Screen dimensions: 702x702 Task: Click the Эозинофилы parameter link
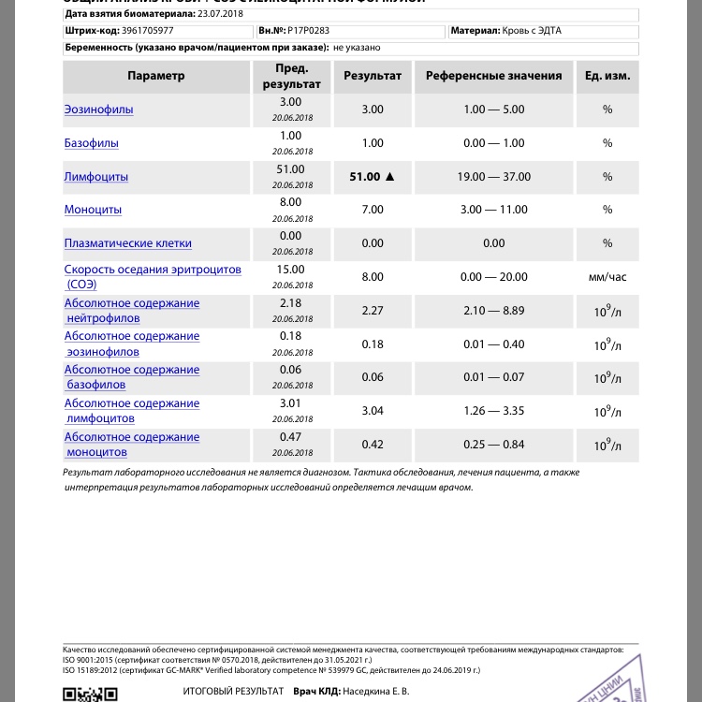pos(98,110)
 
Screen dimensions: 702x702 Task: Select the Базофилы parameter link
pos(91,143)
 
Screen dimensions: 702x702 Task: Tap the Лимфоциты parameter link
pos(96,177)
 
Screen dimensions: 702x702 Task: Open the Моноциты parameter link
pos(93,210)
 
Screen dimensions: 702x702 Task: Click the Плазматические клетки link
pos(127,243)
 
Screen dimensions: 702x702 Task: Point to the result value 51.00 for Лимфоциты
pos(364,177)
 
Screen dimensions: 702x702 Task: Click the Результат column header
pos(373,76)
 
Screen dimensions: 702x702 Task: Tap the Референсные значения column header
pos(494,76)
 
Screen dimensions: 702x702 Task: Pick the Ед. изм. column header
pos(607,76)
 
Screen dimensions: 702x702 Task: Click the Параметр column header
pos(156,76)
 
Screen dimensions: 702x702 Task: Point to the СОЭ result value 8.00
pos(373,277)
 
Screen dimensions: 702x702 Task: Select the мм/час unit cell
pos(607,277)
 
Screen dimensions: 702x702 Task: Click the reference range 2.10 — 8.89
pos(494,311)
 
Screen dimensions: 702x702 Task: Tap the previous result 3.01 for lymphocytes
pos(291,403)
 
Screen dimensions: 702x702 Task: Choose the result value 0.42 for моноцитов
pos(373,445)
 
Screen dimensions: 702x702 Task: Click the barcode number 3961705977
pos(147,31)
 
